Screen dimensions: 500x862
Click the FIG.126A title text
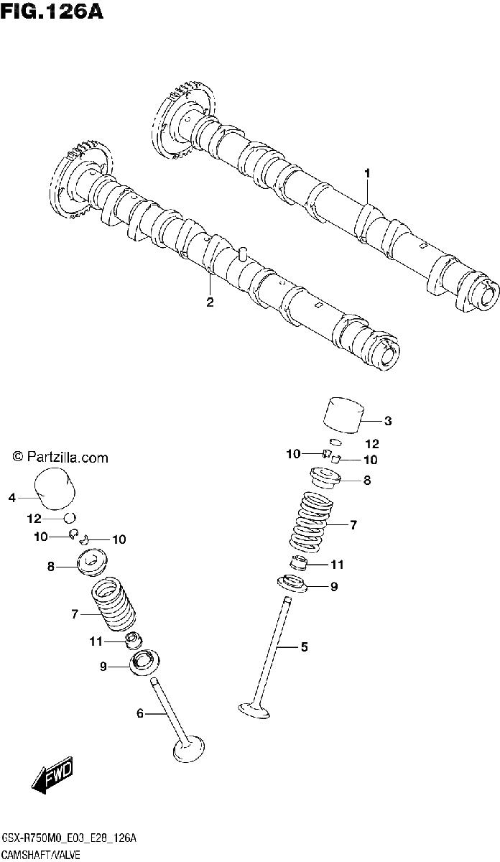tap(52, 11)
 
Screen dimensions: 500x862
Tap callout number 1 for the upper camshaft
tap(367, 173)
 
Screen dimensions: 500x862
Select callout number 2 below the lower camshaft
tap(210, 302)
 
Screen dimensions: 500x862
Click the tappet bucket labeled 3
tap(343, 416)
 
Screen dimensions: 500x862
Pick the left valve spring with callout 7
tap(113, 605)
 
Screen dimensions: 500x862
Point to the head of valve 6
tap(189, 748)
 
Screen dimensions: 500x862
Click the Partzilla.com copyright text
tap(60, 458)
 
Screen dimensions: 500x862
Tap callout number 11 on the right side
tap(337, 565)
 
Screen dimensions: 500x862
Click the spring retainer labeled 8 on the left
tap(93, 562)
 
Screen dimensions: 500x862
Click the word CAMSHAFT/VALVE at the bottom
tap(41, 855)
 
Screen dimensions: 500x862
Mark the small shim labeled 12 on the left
tap(70, 518)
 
